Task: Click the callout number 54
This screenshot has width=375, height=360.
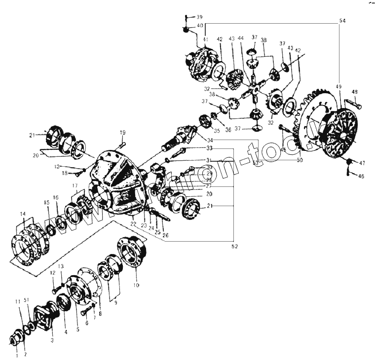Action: click(x=342, y=21)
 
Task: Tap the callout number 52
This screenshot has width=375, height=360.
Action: click(x=234, y=246)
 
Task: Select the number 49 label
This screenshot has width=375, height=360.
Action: click(x=338, y=87)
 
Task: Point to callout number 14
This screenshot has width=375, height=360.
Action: click(x=23, y=214)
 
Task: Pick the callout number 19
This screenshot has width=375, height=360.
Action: click(x=123, y=132)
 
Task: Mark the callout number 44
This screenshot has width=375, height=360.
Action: click(x=240, y=38)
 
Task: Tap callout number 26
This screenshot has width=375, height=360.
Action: click(x=165, y=235)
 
